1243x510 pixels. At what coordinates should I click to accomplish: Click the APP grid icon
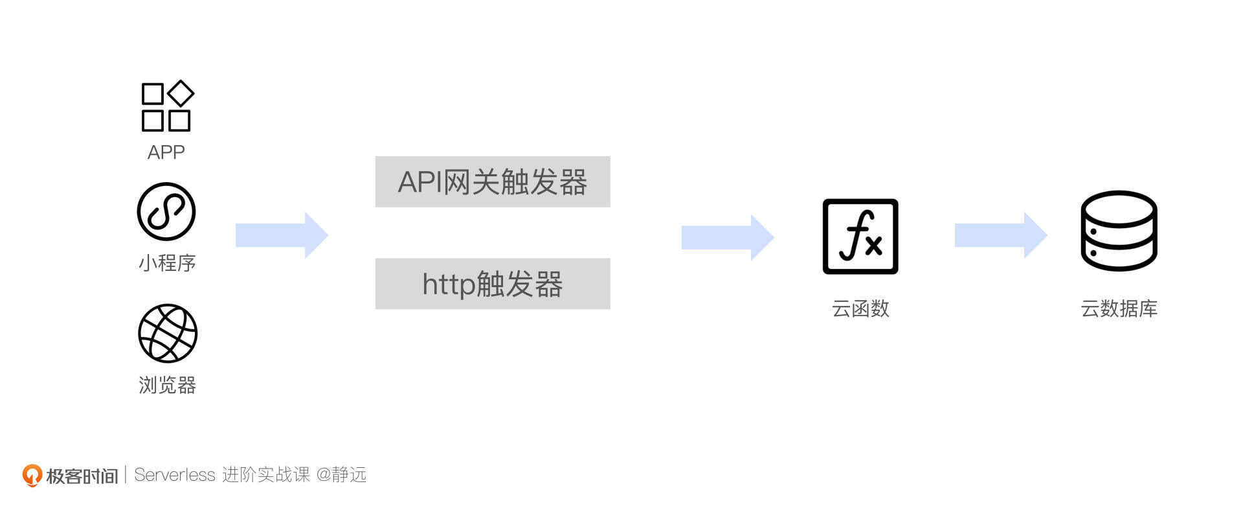click(167, 106)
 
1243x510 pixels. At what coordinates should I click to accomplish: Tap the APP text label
click(166, 152)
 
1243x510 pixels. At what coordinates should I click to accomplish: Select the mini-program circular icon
click(166, 211)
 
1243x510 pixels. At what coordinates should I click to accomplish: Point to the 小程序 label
click(167, 263)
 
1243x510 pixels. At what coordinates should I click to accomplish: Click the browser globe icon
click(168, 333)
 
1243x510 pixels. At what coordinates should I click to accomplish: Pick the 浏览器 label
click(167, 386)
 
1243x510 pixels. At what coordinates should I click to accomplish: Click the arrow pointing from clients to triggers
click(282, 235)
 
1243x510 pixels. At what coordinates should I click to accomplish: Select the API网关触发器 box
click(493, 182)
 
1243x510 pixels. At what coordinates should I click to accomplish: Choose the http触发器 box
click(493, 284)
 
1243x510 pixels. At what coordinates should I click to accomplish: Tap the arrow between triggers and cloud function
click(728, 237)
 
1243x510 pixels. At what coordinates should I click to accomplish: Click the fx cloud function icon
click(860, 237)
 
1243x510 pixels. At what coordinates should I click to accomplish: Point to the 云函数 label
click(860, 308)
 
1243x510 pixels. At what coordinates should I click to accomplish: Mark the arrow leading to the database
click(1001, 235)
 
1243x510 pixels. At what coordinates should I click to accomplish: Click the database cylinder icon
click(1119, 231)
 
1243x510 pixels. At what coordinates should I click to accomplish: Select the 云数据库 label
click(1119, 308)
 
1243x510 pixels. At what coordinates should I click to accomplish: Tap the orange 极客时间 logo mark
click(32, 475)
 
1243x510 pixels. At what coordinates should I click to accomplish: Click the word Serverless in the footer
click(174, 475)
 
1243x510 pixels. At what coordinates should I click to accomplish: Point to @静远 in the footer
click(341, 475)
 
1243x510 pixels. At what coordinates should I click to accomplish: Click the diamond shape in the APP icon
click(181, 93)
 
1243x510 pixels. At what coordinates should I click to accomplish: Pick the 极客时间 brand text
click(82, 476)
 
